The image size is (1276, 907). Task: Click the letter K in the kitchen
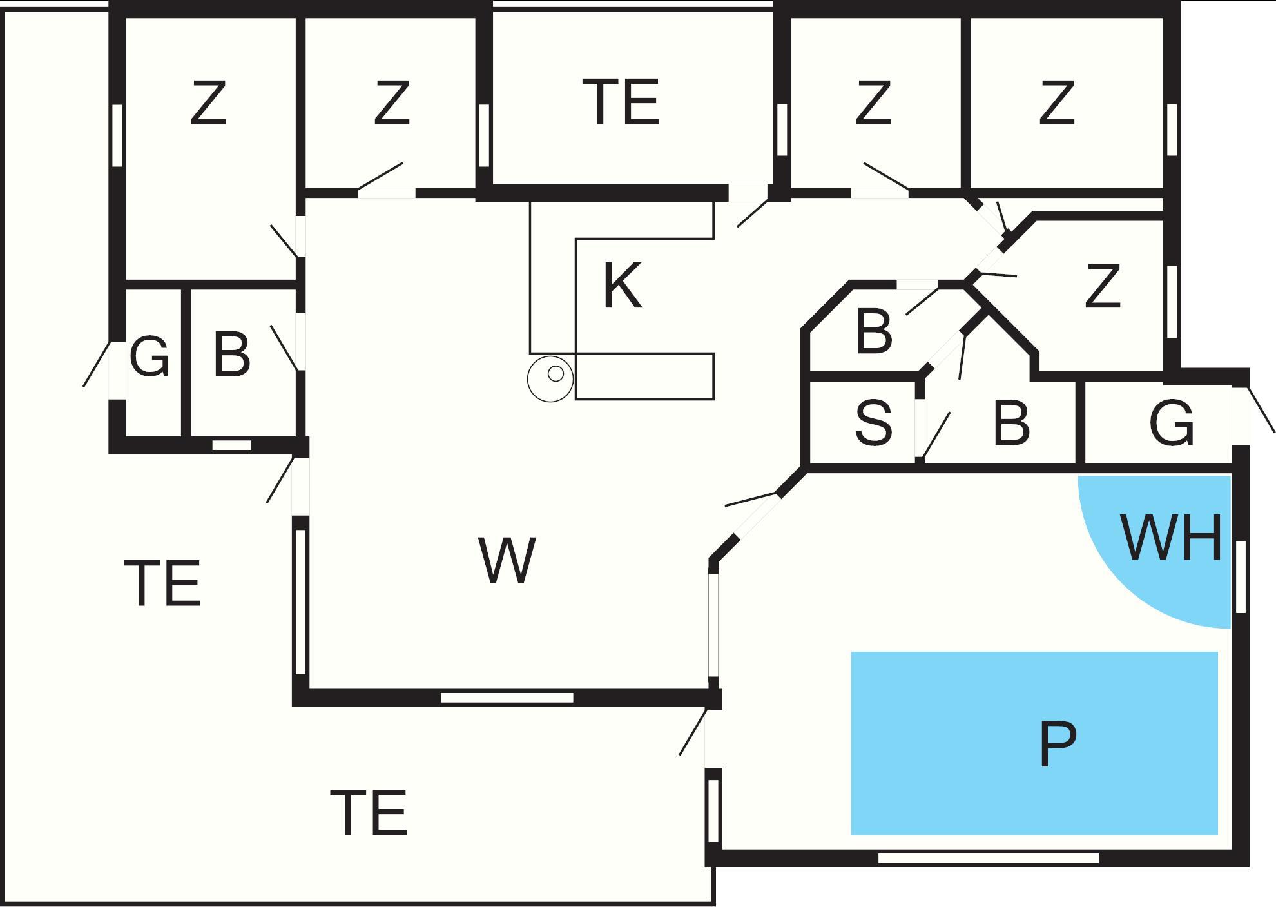coord(622,286)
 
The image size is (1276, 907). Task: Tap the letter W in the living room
coord(507,560)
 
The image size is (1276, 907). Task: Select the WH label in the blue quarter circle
coord(1172,538)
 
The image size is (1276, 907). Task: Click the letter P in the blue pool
coord(1058,744)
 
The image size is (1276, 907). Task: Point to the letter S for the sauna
coord(873,422)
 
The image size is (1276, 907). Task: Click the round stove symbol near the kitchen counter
coord(550,378)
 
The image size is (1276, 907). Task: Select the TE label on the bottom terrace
coord(369,812)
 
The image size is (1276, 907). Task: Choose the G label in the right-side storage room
coord(1171,424)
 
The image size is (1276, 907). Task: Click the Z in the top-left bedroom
coord(209,102)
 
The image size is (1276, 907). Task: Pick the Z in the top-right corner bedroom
coord(1056,102)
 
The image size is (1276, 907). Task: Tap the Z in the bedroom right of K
coord(1102,287)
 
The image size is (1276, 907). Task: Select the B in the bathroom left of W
coord(231,355)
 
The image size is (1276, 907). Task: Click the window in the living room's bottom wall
coord(507,697)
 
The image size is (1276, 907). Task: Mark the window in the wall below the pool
coord(988,858)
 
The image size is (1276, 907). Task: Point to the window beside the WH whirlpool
coord(1241,577)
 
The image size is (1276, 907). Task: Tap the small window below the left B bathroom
coord(232,445)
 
